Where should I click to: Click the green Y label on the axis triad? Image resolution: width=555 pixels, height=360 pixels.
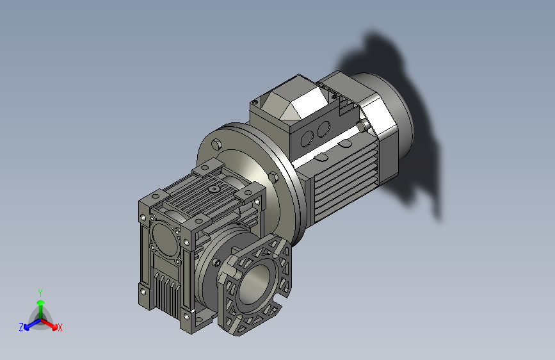tap(40, 292)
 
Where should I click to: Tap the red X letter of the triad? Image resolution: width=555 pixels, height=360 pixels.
tap(60, 328)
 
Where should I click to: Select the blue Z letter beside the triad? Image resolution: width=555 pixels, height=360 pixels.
tap(21, 327)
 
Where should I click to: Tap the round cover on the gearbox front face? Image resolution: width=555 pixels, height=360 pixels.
tap(164, 238)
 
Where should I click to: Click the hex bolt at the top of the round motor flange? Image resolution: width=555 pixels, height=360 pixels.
tap(217, 143)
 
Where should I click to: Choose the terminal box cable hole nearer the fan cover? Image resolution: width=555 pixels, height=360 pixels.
tap(319, 130)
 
